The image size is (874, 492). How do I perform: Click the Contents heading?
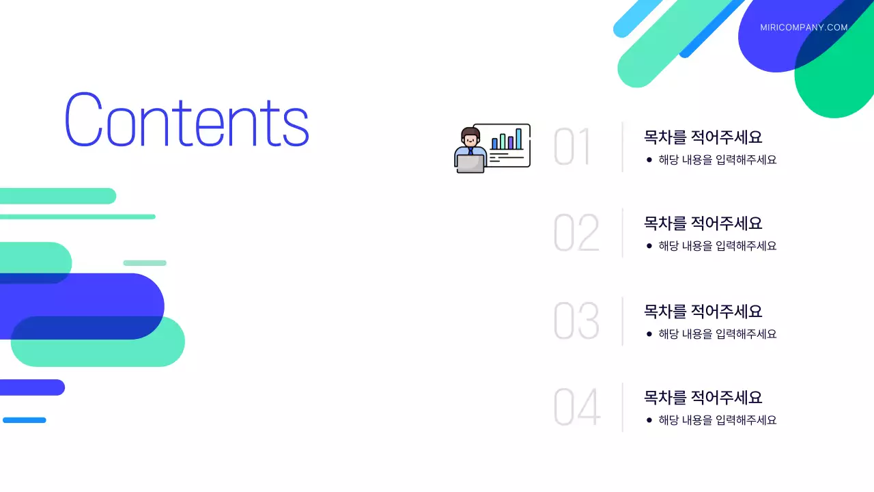[x=186, y=120]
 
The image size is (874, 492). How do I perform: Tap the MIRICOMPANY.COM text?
[x=804, y=28]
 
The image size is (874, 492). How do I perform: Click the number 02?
[x=576, y=233]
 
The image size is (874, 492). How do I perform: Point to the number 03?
[x=576, y=321]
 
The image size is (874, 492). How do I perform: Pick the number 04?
[x=577, y=407]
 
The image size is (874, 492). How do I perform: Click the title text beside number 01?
[x=703, y=137]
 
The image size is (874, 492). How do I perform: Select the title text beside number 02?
[x=703, y=223]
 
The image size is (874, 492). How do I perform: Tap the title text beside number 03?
[x=703, y=311]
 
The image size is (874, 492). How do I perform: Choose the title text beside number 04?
[x=703, y=397]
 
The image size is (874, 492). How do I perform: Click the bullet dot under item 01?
[x=649, y=160]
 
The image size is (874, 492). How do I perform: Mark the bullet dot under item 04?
[x=649, y=420]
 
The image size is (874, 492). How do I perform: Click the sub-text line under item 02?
[x=717, y=246]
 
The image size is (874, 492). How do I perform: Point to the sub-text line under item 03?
[x=717, y=334]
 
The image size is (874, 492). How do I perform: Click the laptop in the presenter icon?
[x=470, y=164]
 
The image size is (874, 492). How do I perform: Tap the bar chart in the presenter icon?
[x=507, y=140]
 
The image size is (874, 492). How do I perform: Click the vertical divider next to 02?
[x=622, y=233]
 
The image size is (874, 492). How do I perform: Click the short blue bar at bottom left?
[x=25, y=420]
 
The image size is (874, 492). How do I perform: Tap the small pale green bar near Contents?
[x=145, y=263]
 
